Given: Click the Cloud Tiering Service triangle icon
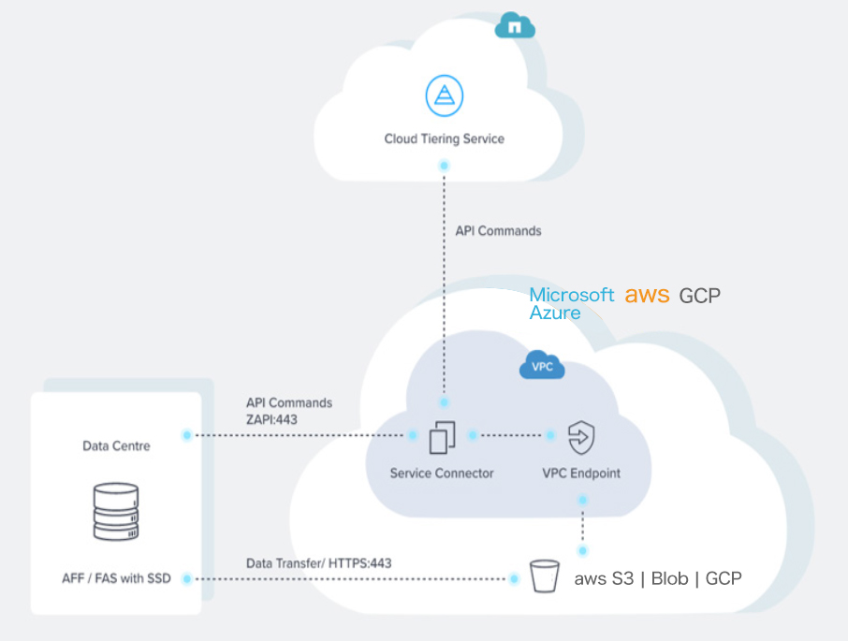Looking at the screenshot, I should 444,96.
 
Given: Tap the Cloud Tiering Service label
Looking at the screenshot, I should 444,138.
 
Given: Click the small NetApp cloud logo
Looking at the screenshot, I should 514,26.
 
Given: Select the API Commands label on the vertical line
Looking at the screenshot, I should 498,230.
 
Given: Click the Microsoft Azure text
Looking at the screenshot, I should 571,303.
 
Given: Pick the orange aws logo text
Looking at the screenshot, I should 648,295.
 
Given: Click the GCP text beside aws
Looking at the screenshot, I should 700,296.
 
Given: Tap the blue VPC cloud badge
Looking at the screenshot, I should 542,367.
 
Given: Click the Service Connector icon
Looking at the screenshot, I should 443,437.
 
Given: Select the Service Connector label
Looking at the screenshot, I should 442,473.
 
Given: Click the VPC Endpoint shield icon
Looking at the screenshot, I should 581,437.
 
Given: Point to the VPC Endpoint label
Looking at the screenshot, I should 581,473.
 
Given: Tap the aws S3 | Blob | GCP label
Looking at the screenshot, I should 658,579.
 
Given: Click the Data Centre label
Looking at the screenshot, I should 116,446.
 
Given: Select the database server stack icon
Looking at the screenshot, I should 116,511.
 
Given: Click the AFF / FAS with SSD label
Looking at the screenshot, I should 116,578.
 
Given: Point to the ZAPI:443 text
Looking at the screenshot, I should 271,419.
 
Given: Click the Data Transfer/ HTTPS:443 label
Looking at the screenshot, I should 318,563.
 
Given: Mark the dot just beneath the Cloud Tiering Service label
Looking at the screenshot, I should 444,165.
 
